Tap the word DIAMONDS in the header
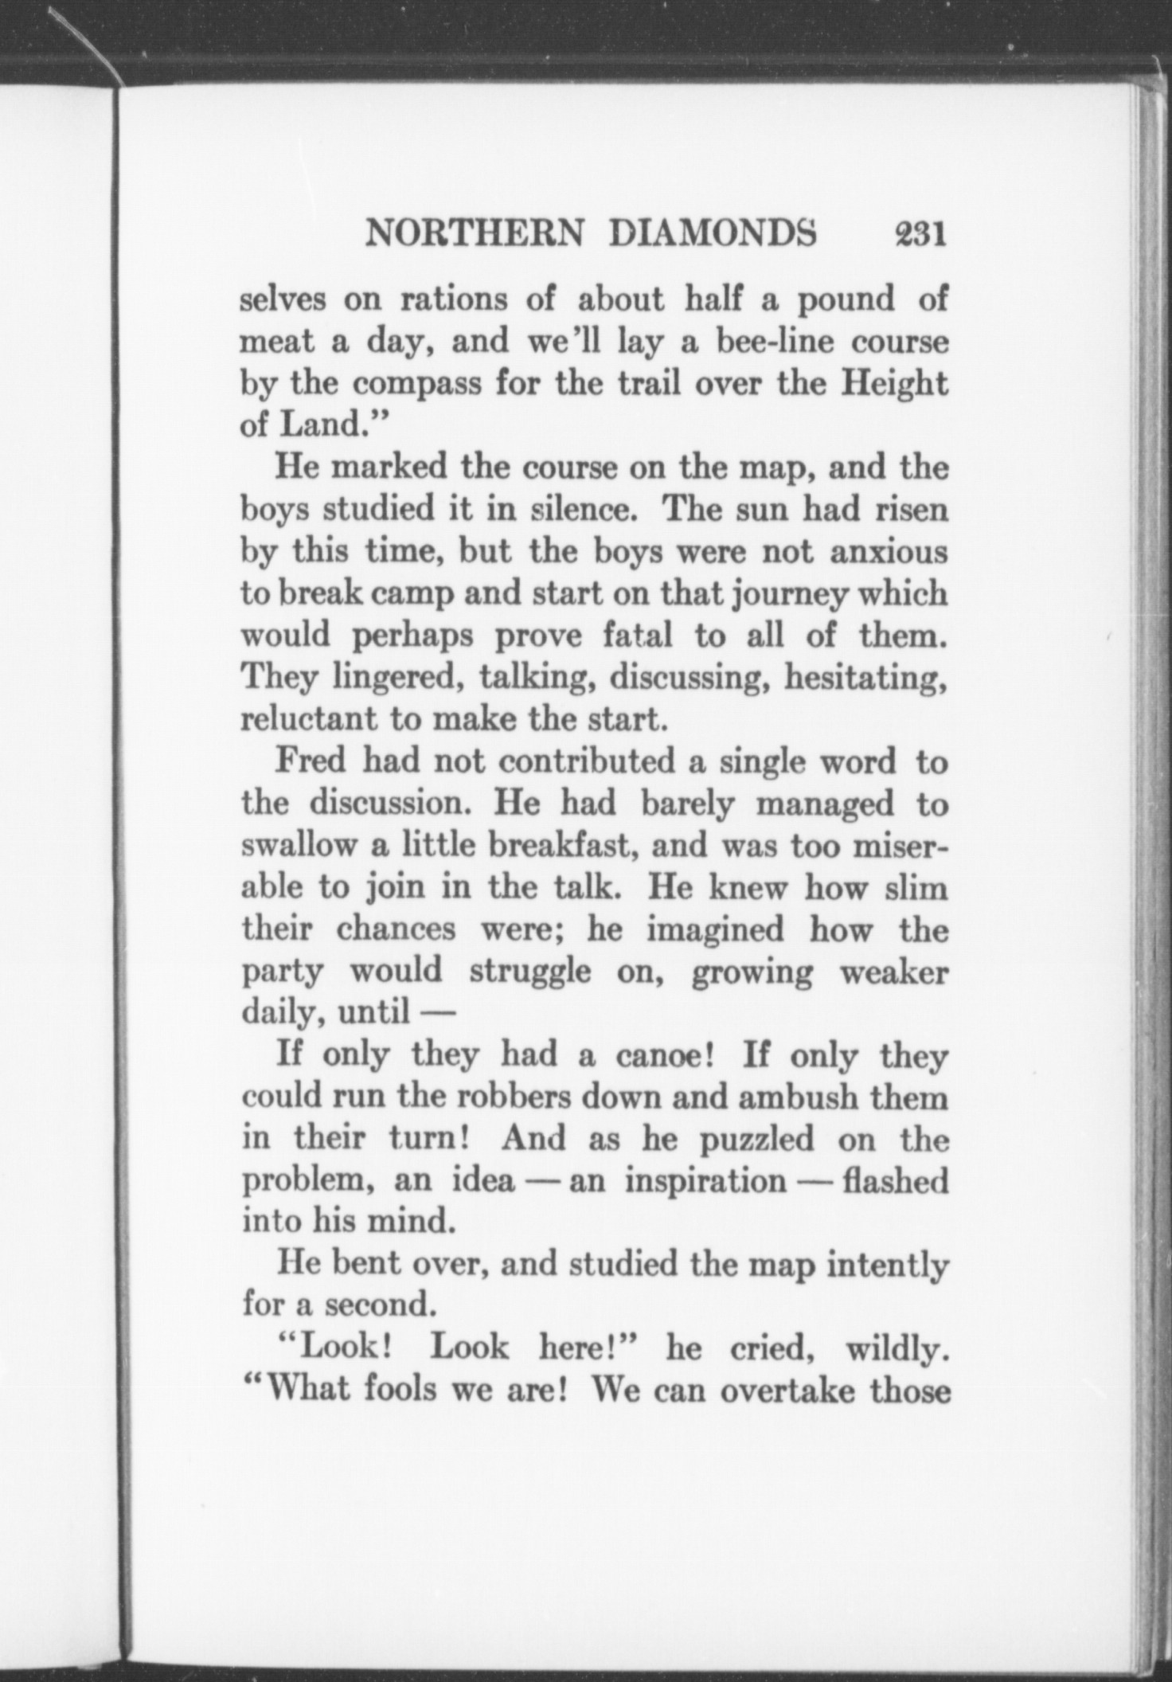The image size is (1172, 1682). tap(713, 235)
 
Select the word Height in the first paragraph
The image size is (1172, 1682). tap(895, 385)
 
